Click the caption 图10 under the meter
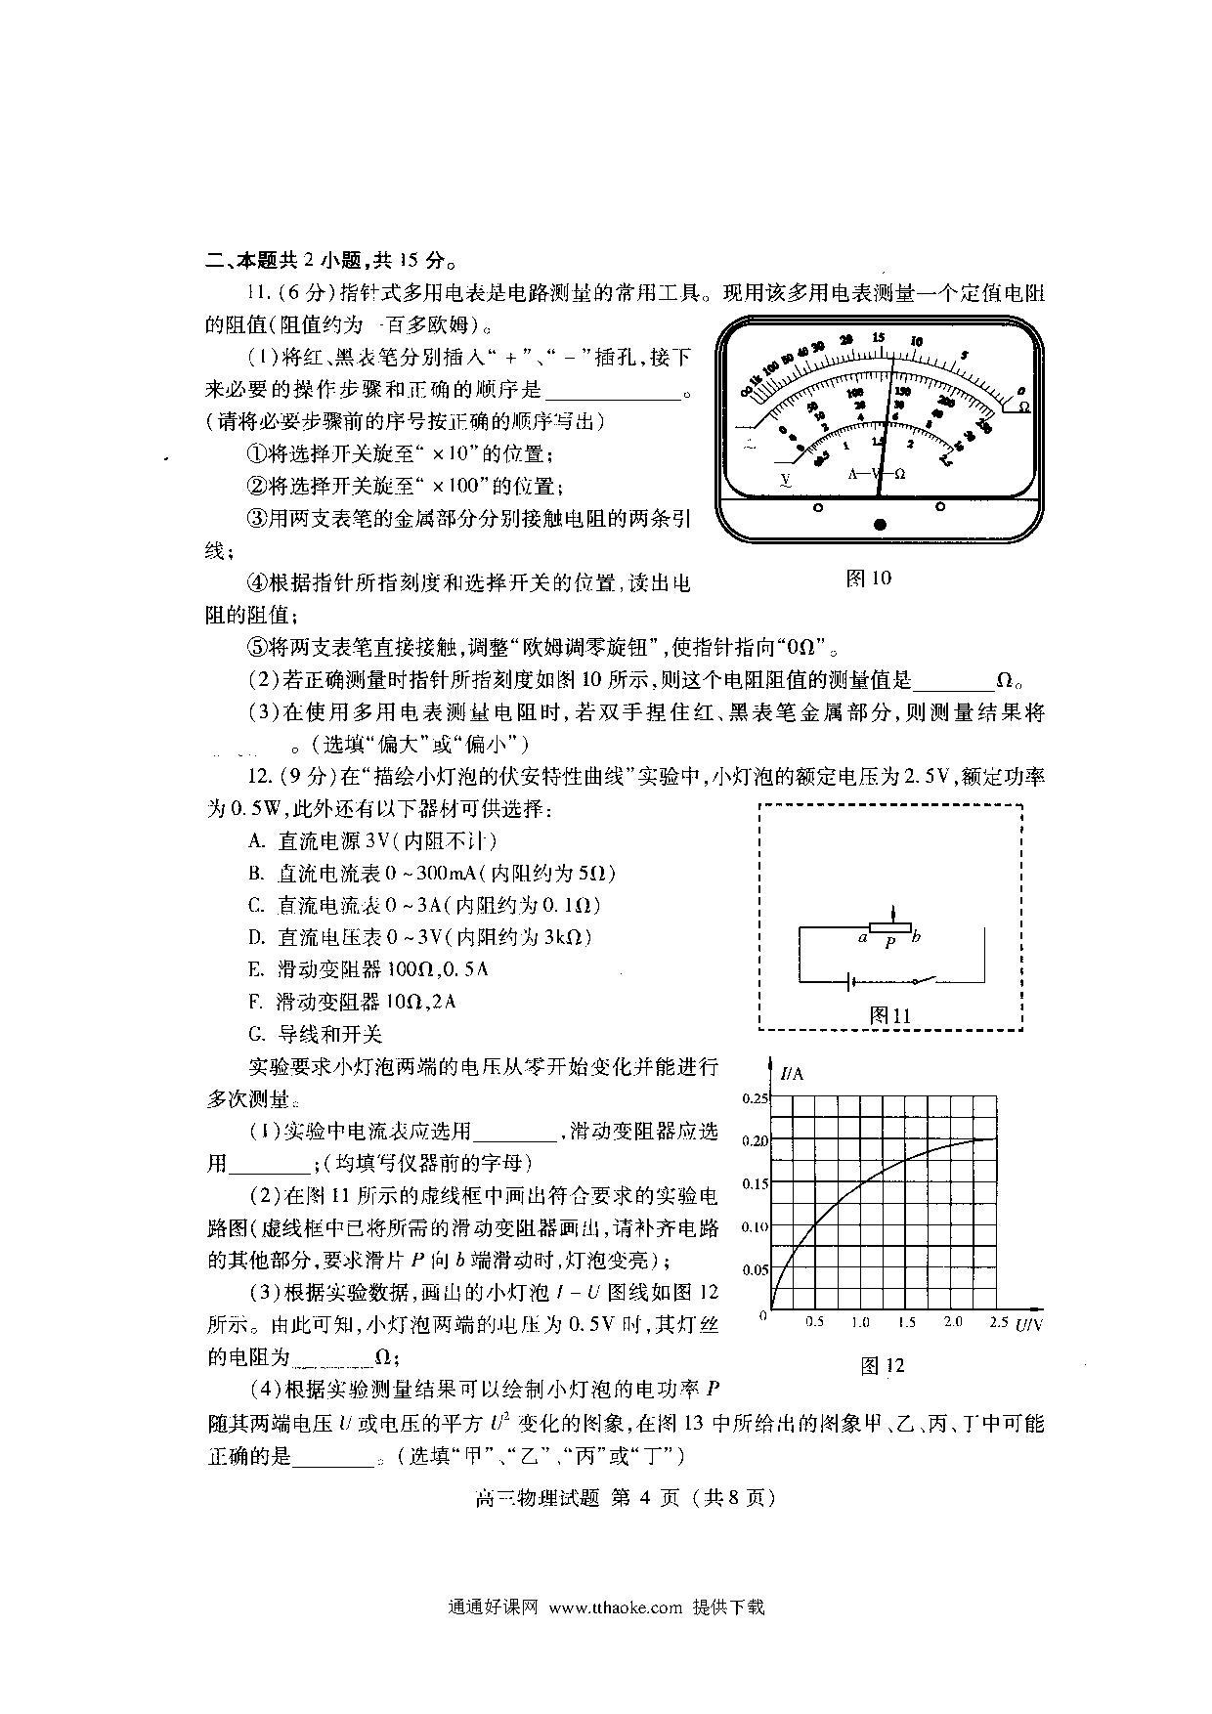[868, 578]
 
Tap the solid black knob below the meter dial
[880, 525]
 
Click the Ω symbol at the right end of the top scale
[1023, 406]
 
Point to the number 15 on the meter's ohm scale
[879, 338]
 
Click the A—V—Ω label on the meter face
[876, 474]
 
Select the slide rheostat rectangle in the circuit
[890, 925]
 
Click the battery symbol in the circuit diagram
[851, 980]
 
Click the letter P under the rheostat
[889, 943]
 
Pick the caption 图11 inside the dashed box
[889, 1015]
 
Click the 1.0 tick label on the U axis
[860, 1322]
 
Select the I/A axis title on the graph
[792, 1074]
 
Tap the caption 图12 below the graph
[882, 1366]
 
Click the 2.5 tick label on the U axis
[998, 1322]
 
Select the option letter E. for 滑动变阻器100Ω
[258, 969]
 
